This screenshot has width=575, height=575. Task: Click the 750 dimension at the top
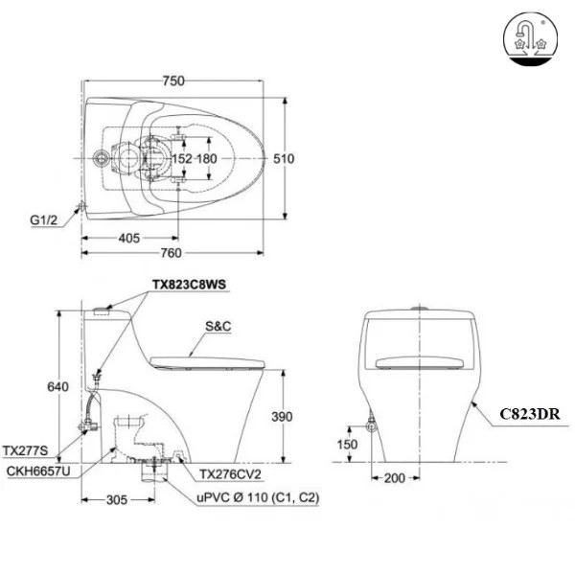(173, 81)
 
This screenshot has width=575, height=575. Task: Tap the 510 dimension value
(284, 159)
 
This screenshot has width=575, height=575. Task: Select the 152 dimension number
(182, 159)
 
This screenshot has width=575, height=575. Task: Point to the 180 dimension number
(207, 159)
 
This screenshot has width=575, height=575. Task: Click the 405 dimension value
(129, 239)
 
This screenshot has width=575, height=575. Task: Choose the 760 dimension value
(171, 253)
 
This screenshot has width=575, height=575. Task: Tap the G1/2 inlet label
(44, 220)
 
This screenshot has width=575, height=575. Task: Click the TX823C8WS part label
(189, 285)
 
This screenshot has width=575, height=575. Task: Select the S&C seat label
(218, 326)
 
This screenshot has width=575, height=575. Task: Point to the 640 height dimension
(57, 386)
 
